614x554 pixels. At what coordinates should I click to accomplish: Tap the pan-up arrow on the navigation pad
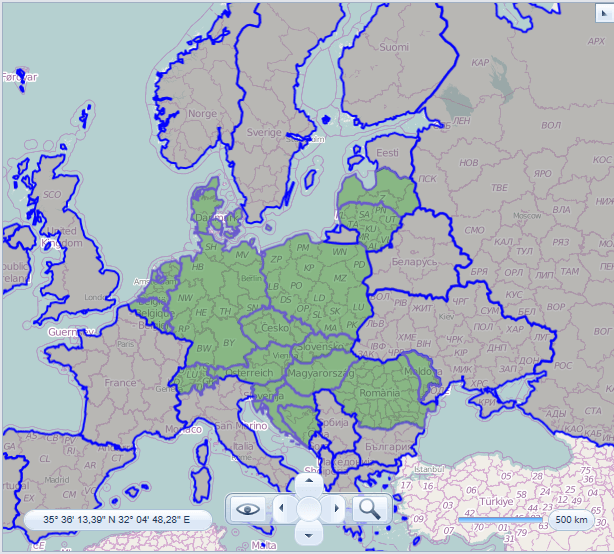[309, 482]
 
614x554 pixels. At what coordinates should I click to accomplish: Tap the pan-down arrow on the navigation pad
[309, 535]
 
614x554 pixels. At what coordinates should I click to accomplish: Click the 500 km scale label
[571, 520]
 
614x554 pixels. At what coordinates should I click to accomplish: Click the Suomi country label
[394, 47]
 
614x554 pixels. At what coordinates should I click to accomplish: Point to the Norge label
[203, 114]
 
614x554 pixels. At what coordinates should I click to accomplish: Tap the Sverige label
[265, 132]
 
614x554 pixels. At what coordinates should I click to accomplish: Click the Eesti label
[388, 153]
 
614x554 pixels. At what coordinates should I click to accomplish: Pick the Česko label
[276, 328]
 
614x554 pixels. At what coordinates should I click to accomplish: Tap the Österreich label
[250, 373]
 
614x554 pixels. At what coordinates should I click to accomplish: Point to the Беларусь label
[413, 260]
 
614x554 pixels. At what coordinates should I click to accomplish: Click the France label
[120, 383]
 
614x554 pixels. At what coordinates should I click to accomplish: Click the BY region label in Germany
[228, 342]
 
